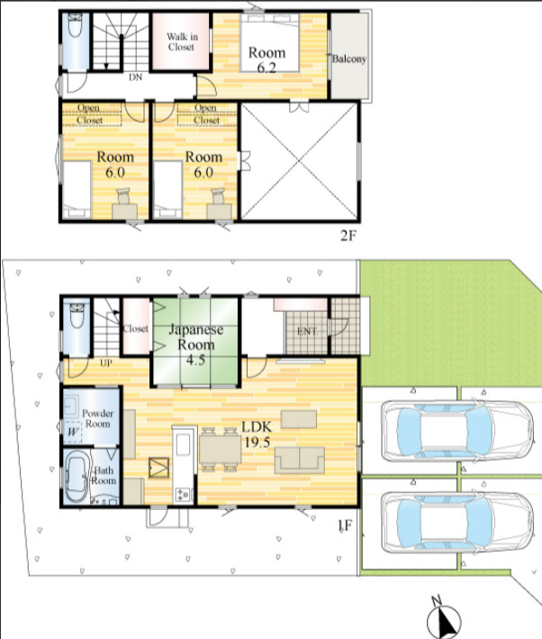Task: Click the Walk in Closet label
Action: click(182, 41)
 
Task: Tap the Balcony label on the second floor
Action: click(349, 59)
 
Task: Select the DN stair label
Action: click(136, 77)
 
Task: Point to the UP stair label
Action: click(106, 362)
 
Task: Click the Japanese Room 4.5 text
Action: click(196, 344)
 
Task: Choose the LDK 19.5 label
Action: click(257, 434)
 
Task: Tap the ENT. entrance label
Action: click(307, 332)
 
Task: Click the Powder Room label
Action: click(98, 418)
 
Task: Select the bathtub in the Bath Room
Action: click(77, 478)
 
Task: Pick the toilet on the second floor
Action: click(76, 25)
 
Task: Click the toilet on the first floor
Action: click(77, 316)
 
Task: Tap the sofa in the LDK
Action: click(300, 460)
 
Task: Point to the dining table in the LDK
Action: click(220, 450)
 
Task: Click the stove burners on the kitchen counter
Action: click(184, 495)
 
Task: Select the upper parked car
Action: click(457, 431)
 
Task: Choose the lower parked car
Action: click(457, 522)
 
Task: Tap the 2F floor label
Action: click(348, 236)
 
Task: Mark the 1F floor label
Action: click(345, 525)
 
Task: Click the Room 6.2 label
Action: click(266, 59)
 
